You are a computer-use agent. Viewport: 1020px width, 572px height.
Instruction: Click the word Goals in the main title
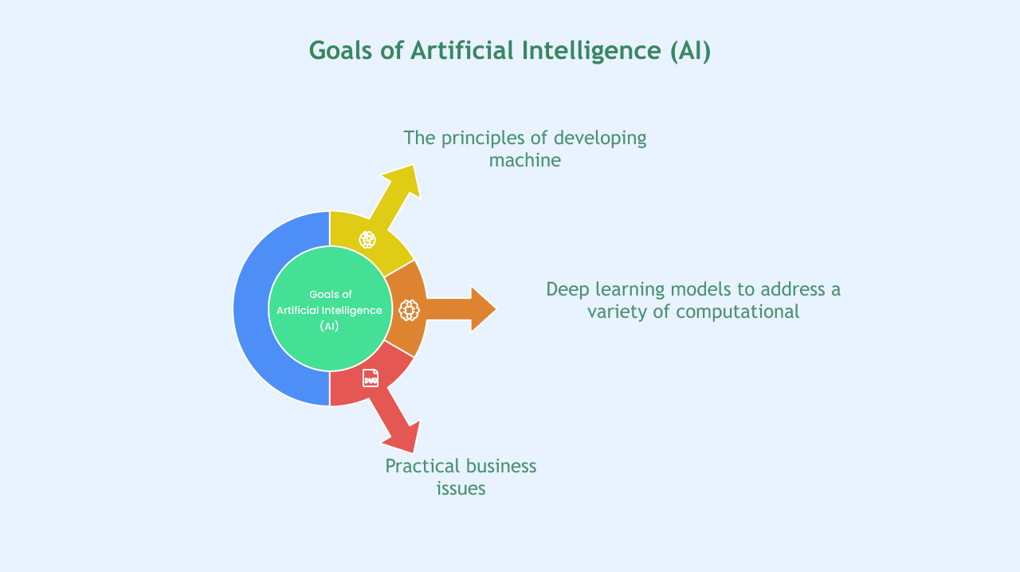point(340,50)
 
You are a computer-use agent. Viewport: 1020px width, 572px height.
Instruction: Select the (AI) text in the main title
point(690,51)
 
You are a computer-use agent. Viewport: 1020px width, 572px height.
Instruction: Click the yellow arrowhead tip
point(413,166)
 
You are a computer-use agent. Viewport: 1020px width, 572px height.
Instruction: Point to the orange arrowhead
point(483,309)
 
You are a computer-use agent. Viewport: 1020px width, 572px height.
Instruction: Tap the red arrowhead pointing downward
point(402,437)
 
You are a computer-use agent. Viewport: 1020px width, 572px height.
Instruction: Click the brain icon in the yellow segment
point(367,240)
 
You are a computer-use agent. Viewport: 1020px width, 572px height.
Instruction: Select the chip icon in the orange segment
point(409,310)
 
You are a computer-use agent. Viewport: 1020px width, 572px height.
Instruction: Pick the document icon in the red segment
point(371,378)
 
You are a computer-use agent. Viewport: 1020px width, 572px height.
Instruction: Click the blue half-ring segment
point(251,309)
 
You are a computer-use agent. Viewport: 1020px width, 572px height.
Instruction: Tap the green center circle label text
point(330,310)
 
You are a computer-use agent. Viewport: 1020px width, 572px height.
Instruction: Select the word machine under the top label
point(525,160)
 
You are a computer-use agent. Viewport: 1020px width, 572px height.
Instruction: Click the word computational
point(738,312)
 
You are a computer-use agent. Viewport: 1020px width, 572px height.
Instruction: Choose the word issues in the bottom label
point(461,488)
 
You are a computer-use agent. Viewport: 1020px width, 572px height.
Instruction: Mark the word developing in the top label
point(600,139)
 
